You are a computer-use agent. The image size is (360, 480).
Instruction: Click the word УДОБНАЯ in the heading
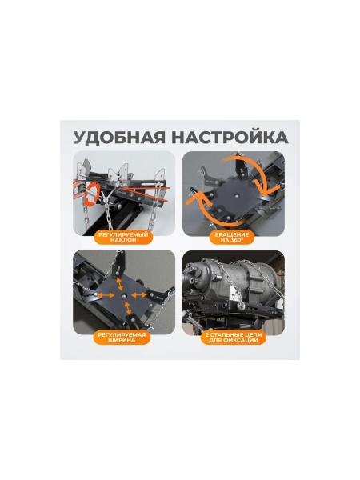[x=114, y=134]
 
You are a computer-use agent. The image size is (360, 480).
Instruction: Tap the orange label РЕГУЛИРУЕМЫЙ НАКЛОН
[x=122, y=237]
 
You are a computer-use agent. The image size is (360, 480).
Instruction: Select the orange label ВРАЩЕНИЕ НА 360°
[x=233, y=237]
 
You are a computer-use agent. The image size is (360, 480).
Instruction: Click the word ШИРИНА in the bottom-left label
[x=122, y=340]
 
